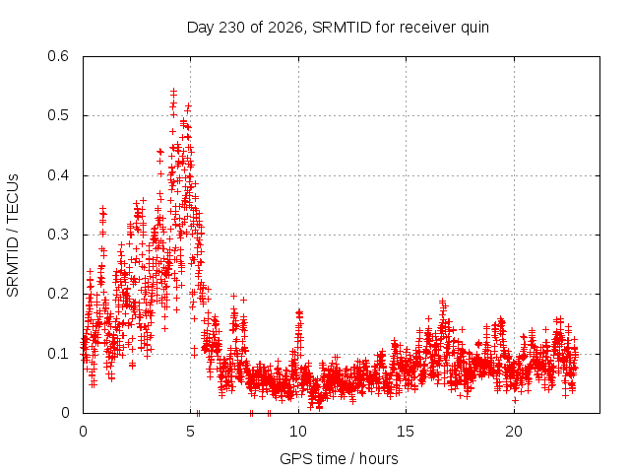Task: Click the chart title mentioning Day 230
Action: point(338,28)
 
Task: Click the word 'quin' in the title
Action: point(474,29)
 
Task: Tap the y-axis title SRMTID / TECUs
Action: point(13,236)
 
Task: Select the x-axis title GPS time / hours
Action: point(339,458)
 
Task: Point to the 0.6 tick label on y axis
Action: point(58,56)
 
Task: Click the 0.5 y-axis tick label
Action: point(58,115)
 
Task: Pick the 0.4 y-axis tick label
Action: point(58,175)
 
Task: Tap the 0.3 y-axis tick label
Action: point(58,235)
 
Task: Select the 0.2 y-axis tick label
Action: point(58,294)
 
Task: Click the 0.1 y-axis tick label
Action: point(58,354)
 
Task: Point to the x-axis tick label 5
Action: point(190,432)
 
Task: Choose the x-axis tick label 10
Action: point(298,432)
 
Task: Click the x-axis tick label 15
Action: point(406,432)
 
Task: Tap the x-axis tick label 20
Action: point(514,432)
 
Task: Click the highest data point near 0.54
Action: point(173,92)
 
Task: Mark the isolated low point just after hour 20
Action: point(515,400)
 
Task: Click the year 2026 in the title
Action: point(284,28)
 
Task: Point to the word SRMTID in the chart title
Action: point(342,28)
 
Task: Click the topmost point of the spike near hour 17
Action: point(442,301)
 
